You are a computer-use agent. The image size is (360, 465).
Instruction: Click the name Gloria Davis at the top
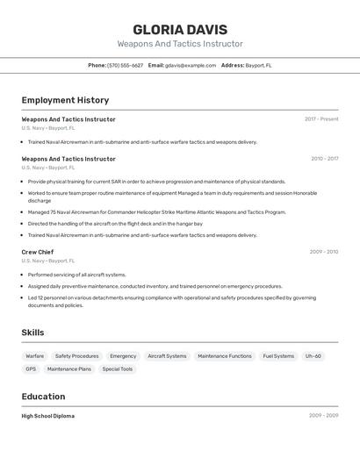tap(180, 29)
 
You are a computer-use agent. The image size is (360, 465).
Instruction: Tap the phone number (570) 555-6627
tap(125, 65)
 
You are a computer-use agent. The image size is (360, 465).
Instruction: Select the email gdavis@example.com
tap(191, 65)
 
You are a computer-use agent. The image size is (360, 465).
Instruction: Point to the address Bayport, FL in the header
tap(258, 65)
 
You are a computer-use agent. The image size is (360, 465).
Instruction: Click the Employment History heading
tap(65, 100)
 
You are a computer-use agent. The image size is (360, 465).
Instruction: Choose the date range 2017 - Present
tap(321, 119)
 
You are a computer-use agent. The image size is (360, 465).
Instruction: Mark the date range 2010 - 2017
tap(324, 159)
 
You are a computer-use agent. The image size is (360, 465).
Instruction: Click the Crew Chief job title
tap(38, 252)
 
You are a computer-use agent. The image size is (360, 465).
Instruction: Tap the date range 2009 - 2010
tap(323, 252)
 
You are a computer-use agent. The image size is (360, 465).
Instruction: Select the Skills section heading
tap(32, 333)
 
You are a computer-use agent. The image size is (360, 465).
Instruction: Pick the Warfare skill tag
tap(35, 356)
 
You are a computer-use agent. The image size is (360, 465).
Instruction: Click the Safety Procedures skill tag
tap(76, 356)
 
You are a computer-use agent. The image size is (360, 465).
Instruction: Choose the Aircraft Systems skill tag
tap(167, 356)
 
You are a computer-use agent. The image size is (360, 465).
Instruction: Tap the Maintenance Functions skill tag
tap(225, 356)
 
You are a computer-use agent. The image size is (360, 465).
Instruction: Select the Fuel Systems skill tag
tap(278, 356)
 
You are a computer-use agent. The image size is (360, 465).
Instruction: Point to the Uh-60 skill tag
tap(313, 356)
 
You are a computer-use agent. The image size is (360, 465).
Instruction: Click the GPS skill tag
tap(31, 369)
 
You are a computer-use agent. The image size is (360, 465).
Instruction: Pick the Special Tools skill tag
tap(117, 369)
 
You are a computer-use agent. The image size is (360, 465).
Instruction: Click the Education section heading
tap(43, 397)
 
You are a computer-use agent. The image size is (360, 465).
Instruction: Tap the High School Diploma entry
tap(48, 416)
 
